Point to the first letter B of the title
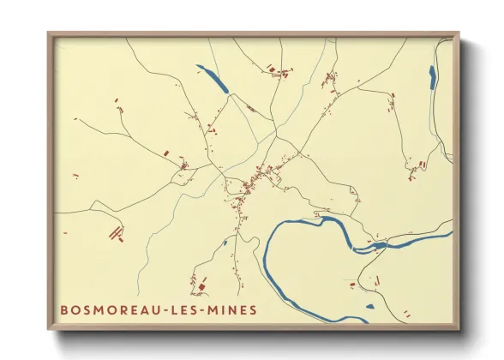[63, 309]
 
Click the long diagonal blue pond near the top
[213, 79]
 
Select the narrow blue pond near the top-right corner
[432, 77]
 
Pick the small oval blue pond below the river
[369, 305]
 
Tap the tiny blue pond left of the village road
[225, 243]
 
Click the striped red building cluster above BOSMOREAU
[114, 231]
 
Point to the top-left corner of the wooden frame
[50, 34]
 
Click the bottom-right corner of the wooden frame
[458, 328]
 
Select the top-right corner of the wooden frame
[458, 34]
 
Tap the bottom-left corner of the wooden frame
[50, 328]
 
